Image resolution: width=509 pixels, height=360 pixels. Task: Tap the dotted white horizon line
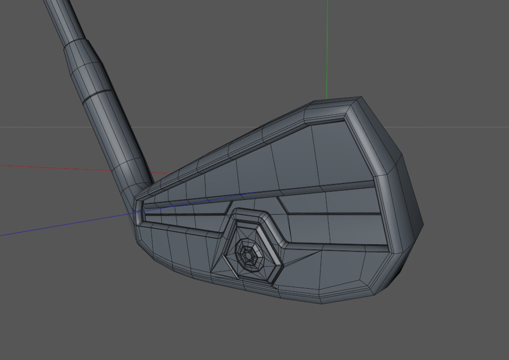coord(450,127)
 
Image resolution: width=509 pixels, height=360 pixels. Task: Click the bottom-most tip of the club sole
coord(322,303)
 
